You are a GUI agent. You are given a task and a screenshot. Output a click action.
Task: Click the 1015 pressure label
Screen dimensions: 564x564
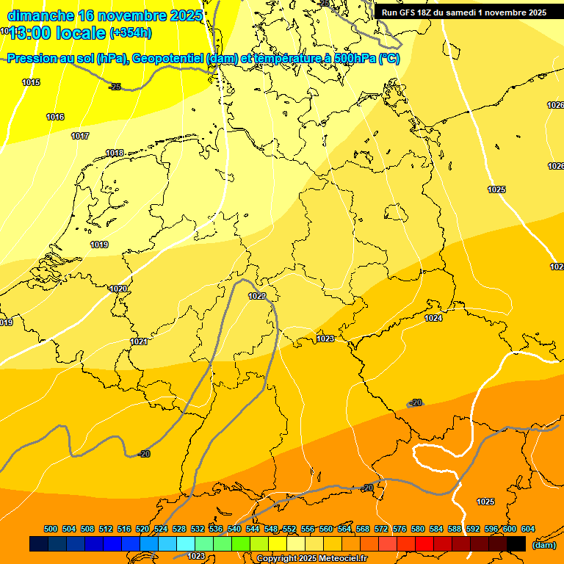[31, 82]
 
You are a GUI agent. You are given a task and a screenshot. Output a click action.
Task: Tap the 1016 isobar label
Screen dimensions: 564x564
[55, 117]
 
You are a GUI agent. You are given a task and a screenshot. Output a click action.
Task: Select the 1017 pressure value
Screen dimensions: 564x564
[80, 136]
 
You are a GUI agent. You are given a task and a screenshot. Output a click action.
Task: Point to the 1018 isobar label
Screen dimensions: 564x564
[115, 153]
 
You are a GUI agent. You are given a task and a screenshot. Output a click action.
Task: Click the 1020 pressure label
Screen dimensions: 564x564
[118, 289]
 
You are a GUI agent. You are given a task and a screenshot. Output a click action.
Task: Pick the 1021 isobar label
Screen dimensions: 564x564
[140, 341]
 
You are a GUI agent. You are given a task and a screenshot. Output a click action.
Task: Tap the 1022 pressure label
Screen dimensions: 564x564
[256, 296]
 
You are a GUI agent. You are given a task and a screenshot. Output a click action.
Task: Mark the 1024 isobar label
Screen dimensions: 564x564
[433, 318]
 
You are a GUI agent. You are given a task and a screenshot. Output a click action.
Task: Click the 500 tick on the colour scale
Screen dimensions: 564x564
[51, 529]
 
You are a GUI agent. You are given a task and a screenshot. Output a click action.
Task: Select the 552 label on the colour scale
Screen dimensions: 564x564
[289, 529]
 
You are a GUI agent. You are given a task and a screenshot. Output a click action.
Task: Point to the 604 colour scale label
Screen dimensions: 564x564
[528, 529]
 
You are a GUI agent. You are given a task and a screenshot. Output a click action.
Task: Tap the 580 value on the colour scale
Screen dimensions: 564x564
[418, 529]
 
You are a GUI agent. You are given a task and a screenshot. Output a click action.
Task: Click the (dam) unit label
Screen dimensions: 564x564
[543, 544]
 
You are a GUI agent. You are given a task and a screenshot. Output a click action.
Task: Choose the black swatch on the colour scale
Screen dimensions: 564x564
[516, 543]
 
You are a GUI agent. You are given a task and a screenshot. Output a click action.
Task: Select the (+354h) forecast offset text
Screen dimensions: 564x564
[130, 33]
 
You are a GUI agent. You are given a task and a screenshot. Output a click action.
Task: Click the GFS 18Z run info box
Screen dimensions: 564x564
[464, 12]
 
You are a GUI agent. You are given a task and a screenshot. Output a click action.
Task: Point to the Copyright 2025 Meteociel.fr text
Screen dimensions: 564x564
[311, 558]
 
